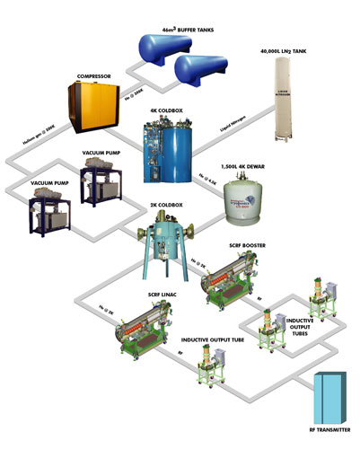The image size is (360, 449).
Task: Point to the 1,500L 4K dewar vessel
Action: (249, 200)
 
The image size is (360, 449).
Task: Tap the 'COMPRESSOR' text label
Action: (98, 75)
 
